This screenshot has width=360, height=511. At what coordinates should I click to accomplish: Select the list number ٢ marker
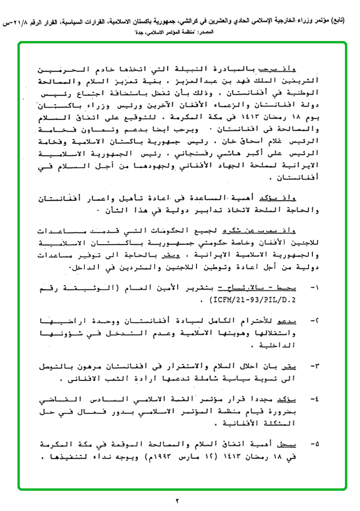313,321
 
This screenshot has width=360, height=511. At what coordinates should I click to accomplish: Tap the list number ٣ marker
313,366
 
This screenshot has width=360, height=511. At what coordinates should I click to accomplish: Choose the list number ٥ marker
313,445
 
